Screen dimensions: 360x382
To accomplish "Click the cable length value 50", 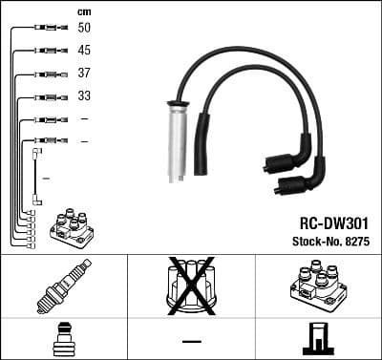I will pos(84,29).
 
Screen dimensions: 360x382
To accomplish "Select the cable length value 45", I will pos(84,51).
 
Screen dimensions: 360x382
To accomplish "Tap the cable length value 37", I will pos(84,74).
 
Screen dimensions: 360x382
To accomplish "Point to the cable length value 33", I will pos(84,96).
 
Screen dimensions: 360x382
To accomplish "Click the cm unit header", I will pos(83,11).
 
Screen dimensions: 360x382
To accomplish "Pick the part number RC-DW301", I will pos(324,217).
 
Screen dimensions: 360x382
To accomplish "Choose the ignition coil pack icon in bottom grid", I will pos(316,284).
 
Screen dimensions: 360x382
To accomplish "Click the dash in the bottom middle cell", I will pos(191,340).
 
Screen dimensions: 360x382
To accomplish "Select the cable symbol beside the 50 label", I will pos(47,29).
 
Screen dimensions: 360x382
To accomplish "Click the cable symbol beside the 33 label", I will pos(47,96).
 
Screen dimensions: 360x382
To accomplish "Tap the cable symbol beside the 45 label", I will pos(47,51).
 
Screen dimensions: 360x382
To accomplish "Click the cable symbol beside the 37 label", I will pos(47,74).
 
